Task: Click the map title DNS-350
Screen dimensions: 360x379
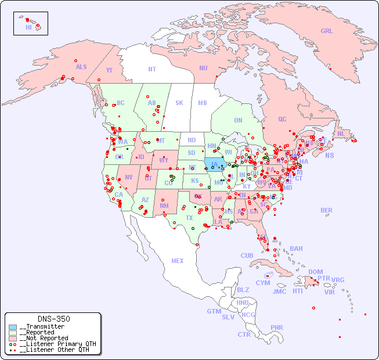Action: (x=53, y=319)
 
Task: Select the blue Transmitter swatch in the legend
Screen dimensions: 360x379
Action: (x=13, y=327)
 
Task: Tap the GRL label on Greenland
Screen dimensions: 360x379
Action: (x=327, y=31)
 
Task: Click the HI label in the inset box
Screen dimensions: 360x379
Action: (x=28, y=27)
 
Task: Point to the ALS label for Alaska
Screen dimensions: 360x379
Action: (x=81, y=67)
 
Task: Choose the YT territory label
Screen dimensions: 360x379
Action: (x=109, y=70)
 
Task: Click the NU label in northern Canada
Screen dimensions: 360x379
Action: (x=203, y=68)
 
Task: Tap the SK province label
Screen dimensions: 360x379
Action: (x=179, y=103)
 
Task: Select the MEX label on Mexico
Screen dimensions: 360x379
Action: (x=178, y=261)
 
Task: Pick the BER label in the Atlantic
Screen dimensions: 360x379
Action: (x=326, y=210)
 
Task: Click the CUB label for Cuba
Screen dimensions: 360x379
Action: (x=247, y=255)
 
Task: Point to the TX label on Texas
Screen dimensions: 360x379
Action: (x=189, y=218)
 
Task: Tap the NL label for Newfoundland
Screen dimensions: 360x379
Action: (x=341, y=133)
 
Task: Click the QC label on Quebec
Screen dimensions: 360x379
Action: (x=282, y=119)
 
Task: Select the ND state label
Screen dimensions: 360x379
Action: (x=192, y=140)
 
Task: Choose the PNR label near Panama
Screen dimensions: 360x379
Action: (x=277, y=327)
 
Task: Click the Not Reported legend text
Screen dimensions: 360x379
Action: (x=44, y=338)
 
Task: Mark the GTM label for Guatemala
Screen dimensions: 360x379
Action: (x=214, y=311)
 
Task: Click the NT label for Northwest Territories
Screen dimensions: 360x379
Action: (x=152, y=69)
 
